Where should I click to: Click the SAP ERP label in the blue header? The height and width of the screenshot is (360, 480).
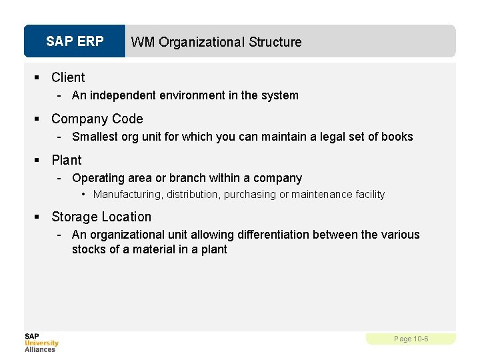pos(75,41)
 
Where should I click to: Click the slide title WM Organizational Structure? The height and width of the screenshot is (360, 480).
pos(216,42)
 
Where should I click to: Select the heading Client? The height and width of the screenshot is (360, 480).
pos(68,77)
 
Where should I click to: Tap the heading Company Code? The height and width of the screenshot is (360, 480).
pos(97,119)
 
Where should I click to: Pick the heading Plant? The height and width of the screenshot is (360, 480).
pos(66,160)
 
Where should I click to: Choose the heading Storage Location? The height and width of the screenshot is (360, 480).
pos(101,217)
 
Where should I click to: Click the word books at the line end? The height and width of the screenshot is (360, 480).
pos(398,137)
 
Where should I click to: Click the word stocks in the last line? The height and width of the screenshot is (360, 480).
pos(87,249)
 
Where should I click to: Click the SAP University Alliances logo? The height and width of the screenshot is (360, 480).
pos(41,342)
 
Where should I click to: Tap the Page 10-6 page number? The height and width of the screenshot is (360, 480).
pos(411,339)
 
